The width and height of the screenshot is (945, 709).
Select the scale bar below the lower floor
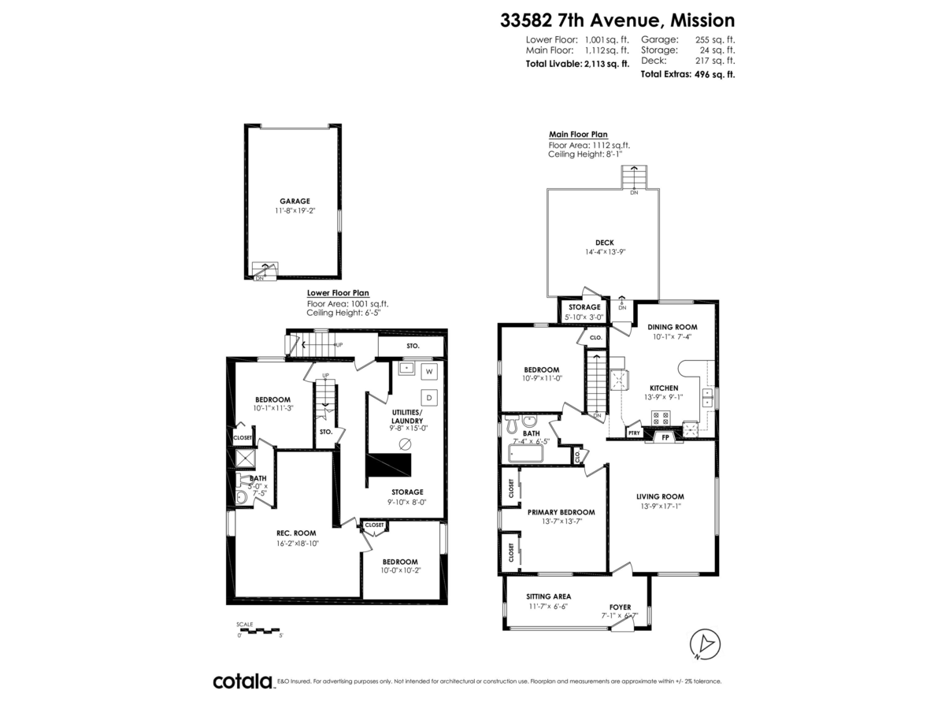click(258, 631)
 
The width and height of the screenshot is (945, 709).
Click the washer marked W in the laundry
click(430, 370)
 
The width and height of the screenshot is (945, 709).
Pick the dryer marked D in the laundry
click(430, 396)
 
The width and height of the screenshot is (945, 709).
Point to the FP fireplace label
click(665, 436)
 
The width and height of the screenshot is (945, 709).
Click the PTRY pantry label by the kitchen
click(633, 433)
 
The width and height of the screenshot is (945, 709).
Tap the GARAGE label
click(294, 201)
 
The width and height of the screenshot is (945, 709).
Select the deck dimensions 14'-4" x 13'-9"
click(605, 252)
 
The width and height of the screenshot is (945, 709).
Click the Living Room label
click(660, 496)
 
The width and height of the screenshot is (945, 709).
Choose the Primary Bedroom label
click(561, 511)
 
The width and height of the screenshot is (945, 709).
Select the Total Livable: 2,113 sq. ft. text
click(577, 63)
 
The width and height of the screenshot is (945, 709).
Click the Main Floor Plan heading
click(577, 135)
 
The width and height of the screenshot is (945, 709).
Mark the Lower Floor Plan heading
click(337, 293)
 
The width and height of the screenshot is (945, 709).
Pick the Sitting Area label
click(549, 596)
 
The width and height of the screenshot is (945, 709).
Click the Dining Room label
click(671, 326)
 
